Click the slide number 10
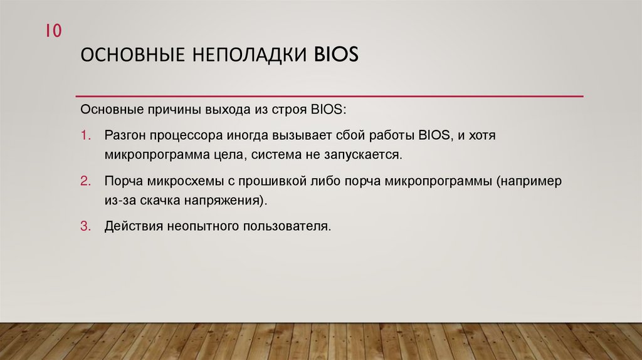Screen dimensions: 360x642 pos(53,31)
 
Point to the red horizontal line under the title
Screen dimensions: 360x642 pos(329,97)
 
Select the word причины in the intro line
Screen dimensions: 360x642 pos(172,111)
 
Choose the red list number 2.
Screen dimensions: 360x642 pos(86,182)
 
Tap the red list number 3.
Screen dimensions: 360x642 pos(86,226)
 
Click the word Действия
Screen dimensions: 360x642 pos(134,226)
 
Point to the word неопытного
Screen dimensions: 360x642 pos(203,226)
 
